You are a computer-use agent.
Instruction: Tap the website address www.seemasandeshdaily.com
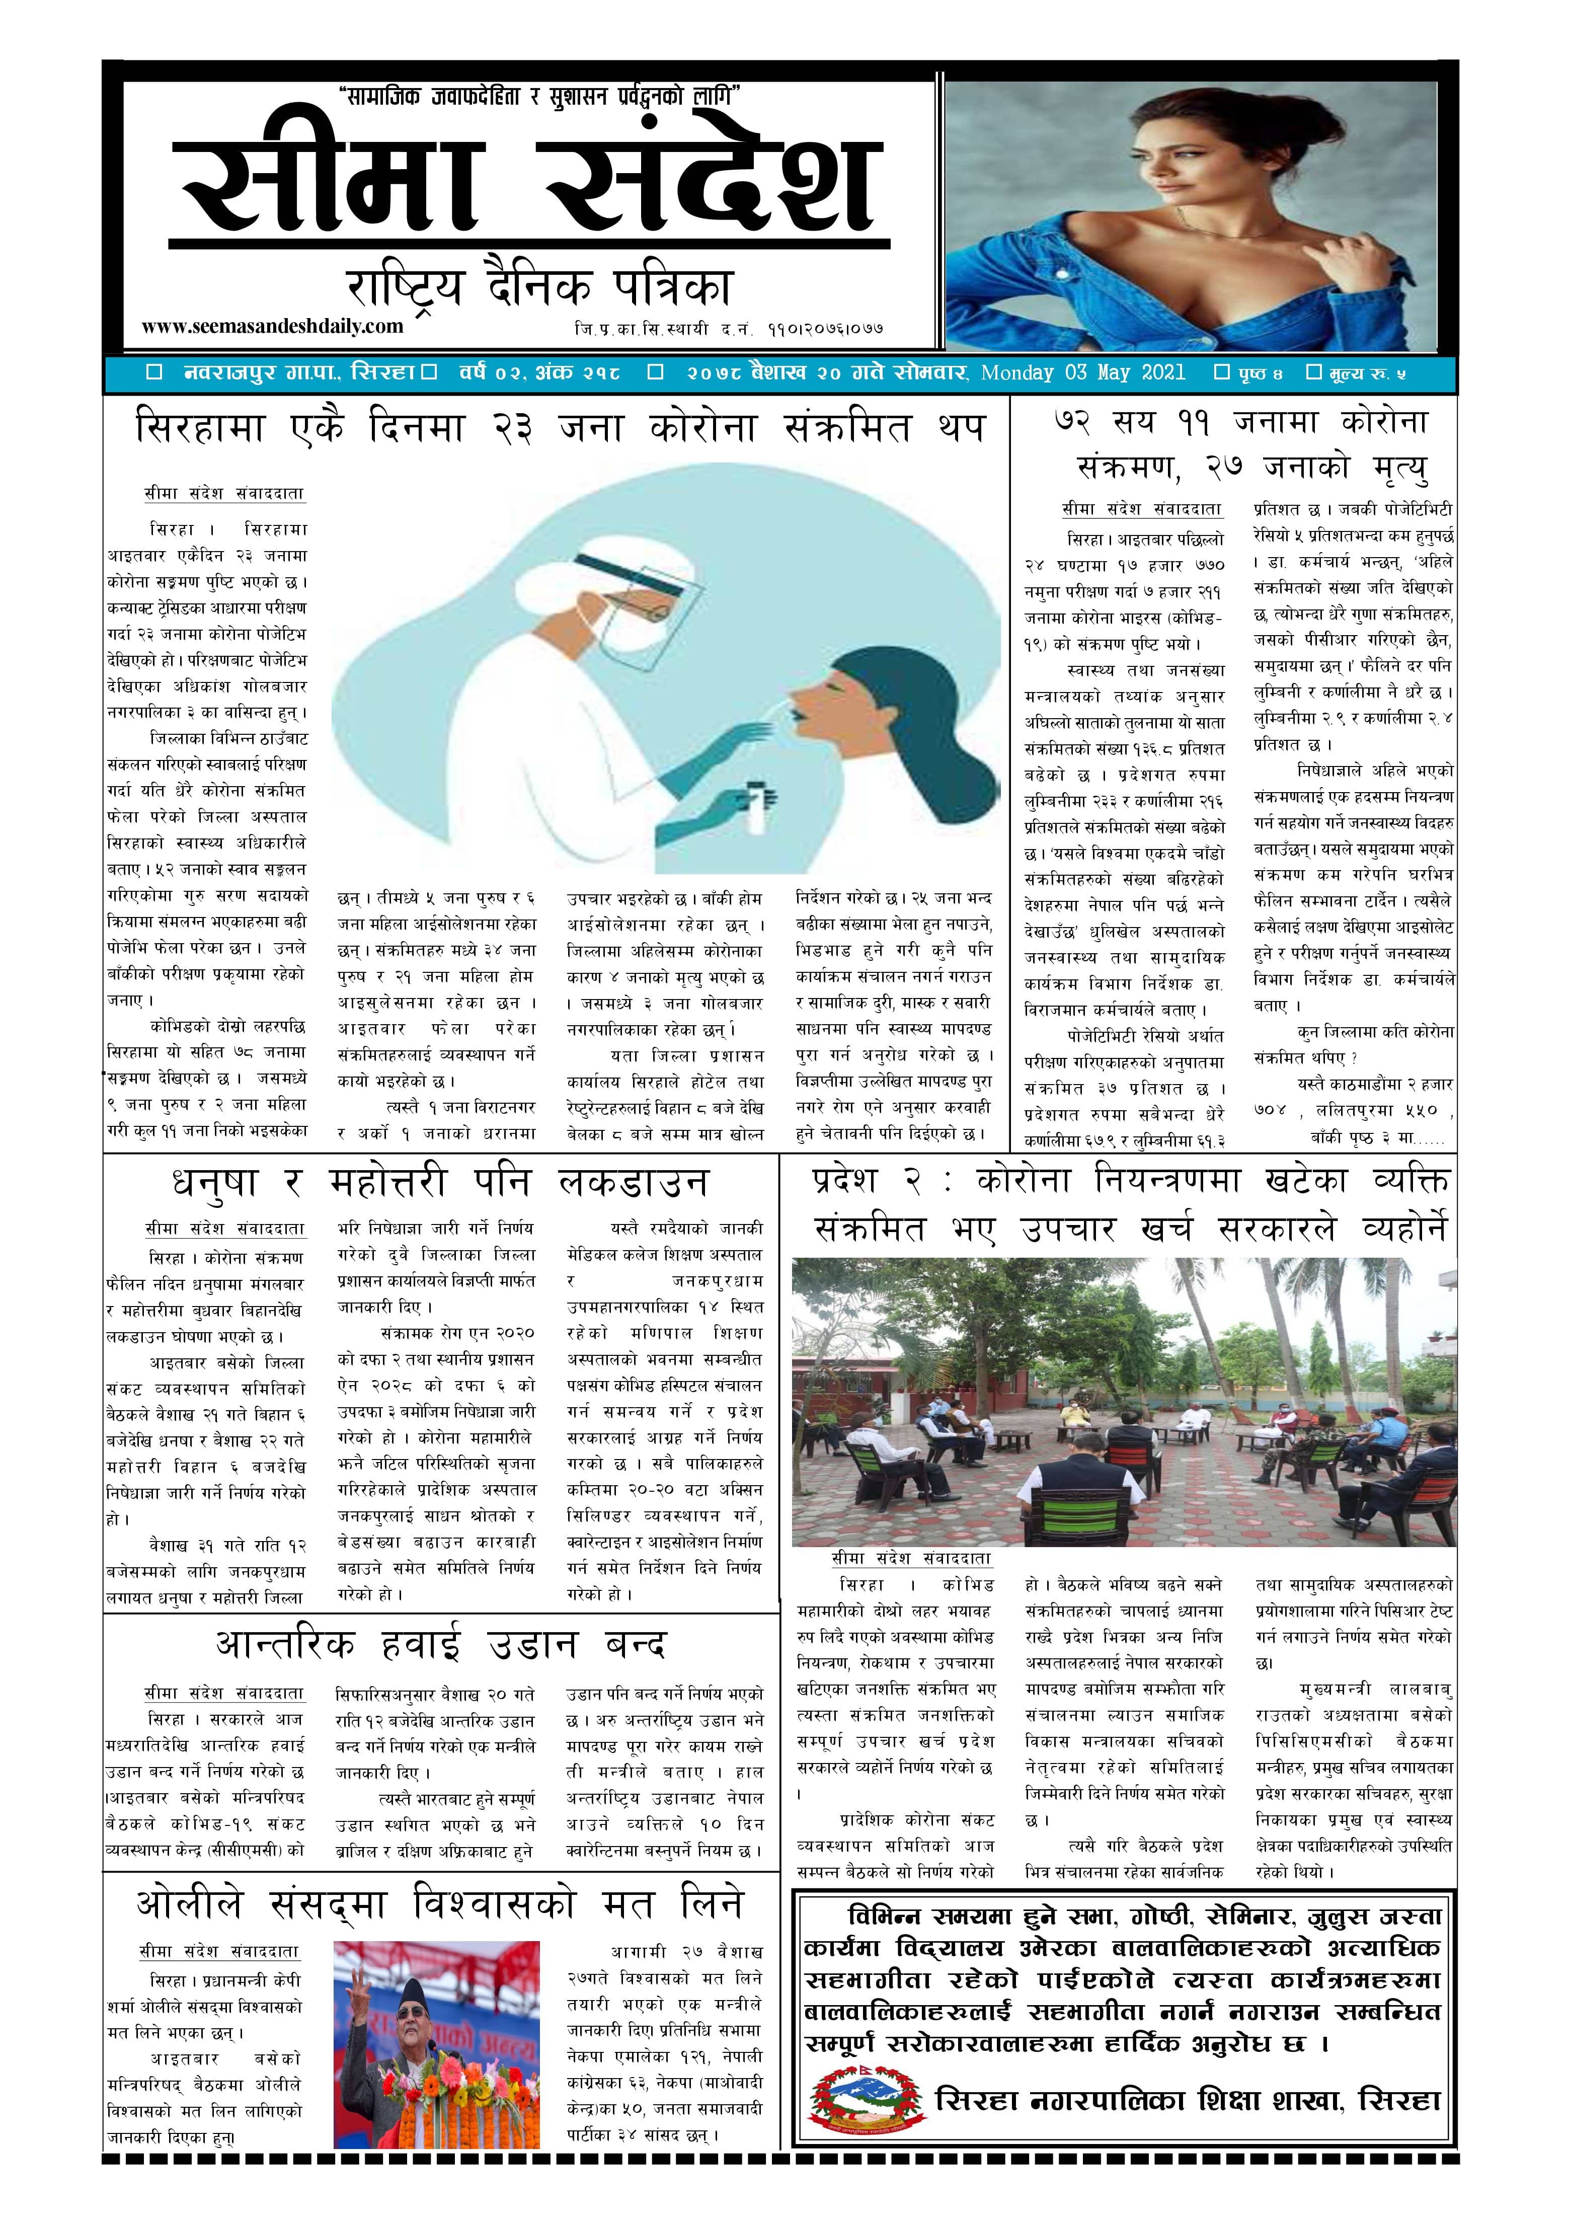click(x=272, y=327)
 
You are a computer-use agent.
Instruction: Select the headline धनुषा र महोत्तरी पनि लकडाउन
click(x=440, y=1183)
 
